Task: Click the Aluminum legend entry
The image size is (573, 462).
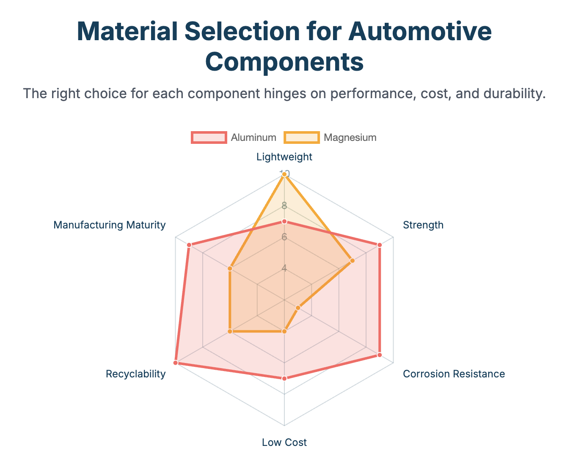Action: click(234, 137)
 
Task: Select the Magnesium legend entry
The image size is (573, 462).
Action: click(331, 137)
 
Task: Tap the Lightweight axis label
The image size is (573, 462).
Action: click(284, 157)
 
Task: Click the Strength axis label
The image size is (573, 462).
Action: click(423, 225)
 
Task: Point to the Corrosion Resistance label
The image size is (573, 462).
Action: click(454, 374)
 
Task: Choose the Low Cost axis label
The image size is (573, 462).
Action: click(284, 443)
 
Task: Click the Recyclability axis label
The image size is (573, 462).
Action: click(136, 374)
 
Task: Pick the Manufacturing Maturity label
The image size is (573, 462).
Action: click(110, 225)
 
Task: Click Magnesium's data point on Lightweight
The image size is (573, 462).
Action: click(284, 174)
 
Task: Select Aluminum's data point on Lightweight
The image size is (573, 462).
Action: click(284, 222)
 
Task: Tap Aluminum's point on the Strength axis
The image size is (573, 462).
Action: click(380, 245)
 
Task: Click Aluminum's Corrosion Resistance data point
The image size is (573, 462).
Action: click(380, 355)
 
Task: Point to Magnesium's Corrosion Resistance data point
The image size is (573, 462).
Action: click(298, 308)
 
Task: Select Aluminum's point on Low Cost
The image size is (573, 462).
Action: click(284, 378)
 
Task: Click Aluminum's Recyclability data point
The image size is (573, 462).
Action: click(176, 363)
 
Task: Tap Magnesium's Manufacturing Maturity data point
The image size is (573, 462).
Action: click(230, 268)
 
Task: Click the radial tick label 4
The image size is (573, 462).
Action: click(284, 269)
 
